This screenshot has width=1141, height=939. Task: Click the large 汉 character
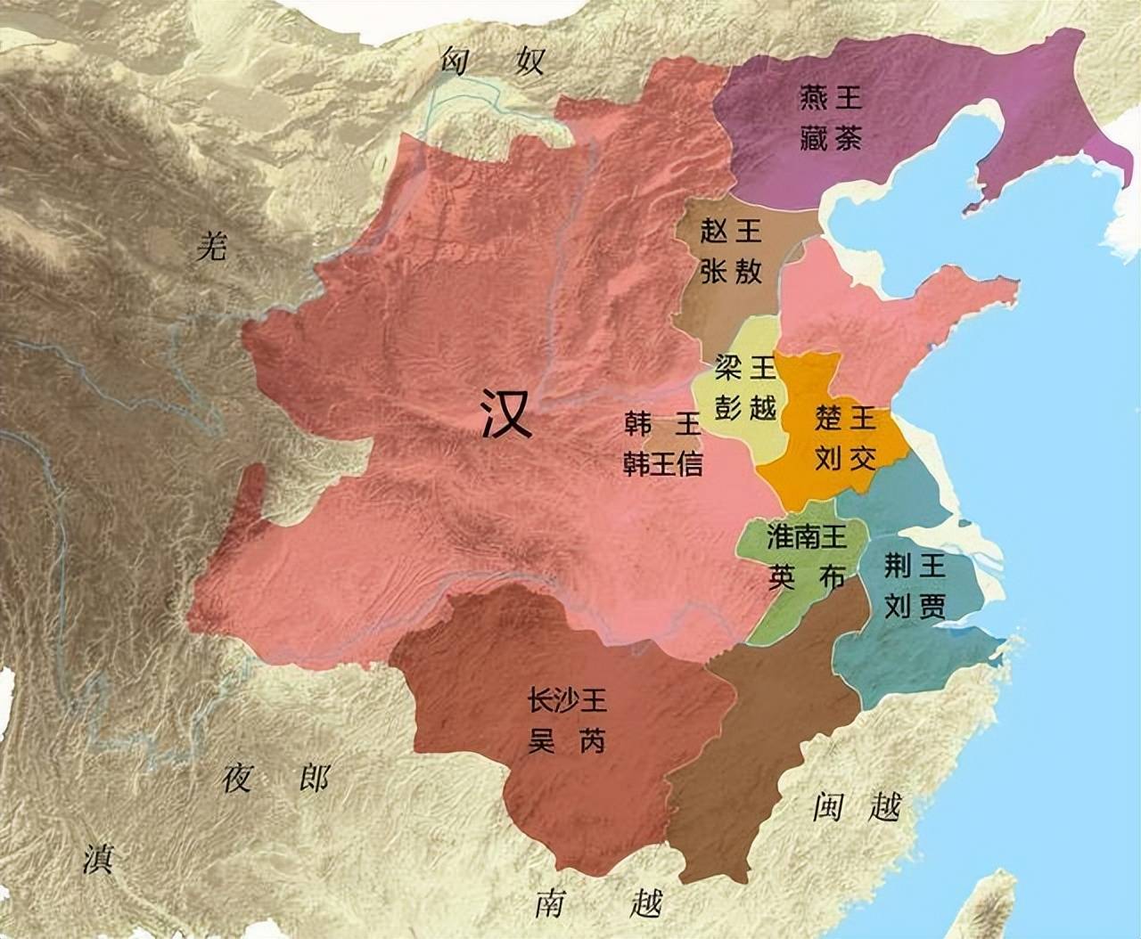506,412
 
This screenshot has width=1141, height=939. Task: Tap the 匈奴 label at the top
492,62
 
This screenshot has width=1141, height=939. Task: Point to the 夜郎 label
275,778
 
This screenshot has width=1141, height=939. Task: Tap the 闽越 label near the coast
857,807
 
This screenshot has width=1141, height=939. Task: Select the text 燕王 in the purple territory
830,97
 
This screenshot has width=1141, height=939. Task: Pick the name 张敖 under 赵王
731,273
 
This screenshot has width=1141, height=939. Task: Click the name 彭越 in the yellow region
745,406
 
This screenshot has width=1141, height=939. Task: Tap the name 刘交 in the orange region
845,457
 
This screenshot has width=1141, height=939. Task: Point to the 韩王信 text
663,464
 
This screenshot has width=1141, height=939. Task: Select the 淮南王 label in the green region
805,536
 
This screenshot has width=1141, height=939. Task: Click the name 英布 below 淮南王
805,577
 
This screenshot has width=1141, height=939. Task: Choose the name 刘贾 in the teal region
915,606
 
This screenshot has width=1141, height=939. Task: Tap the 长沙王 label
568,701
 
